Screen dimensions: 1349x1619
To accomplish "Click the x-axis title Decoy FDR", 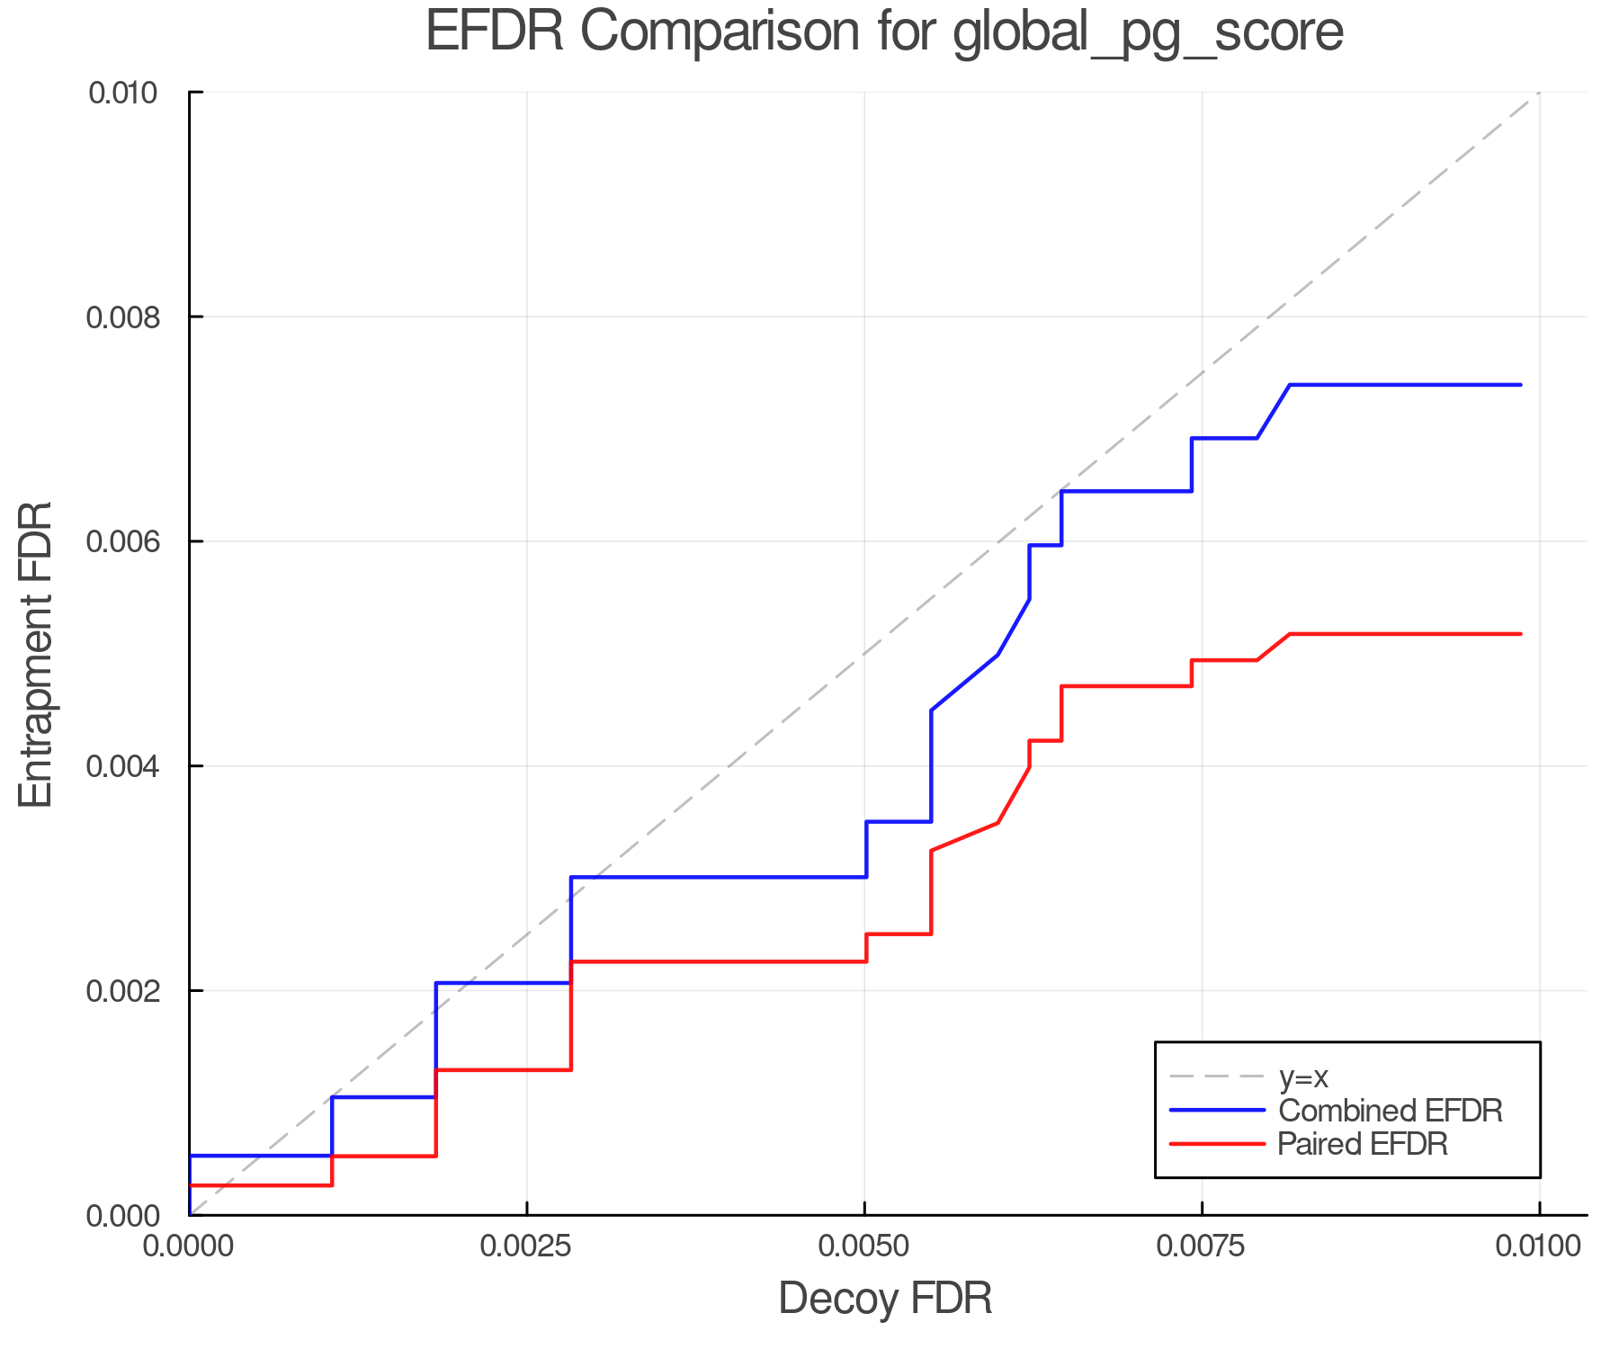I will [x=885, y=1299].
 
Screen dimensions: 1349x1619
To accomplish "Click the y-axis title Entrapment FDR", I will [x=37, y=654].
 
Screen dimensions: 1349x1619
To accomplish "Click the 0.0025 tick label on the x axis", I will [x=526, y=1246].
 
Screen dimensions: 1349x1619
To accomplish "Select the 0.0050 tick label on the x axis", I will [x=864, y=1246].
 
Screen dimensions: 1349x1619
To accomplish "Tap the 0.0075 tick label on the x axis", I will [x=1202, y=1246].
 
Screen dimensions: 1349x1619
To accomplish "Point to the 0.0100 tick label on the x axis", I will [x=1539, y=1246].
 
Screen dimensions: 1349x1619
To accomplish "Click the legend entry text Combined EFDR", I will [x=1390, y=1111].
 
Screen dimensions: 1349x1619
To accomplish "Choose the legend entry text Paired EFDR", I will [x=1363, y=1144].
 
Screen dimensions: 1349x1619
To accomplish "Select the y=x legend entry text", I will [x=1303, y=1077].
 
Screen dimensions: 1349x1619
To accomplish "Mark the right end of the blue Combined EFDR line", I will [x=1520, y=385].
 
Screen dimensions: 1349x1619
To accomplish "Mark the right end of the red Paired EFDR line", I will [x=1520, y=634].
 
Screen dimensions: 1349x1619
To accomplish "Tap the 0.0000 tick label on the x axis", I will [x=189, y=1246].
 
